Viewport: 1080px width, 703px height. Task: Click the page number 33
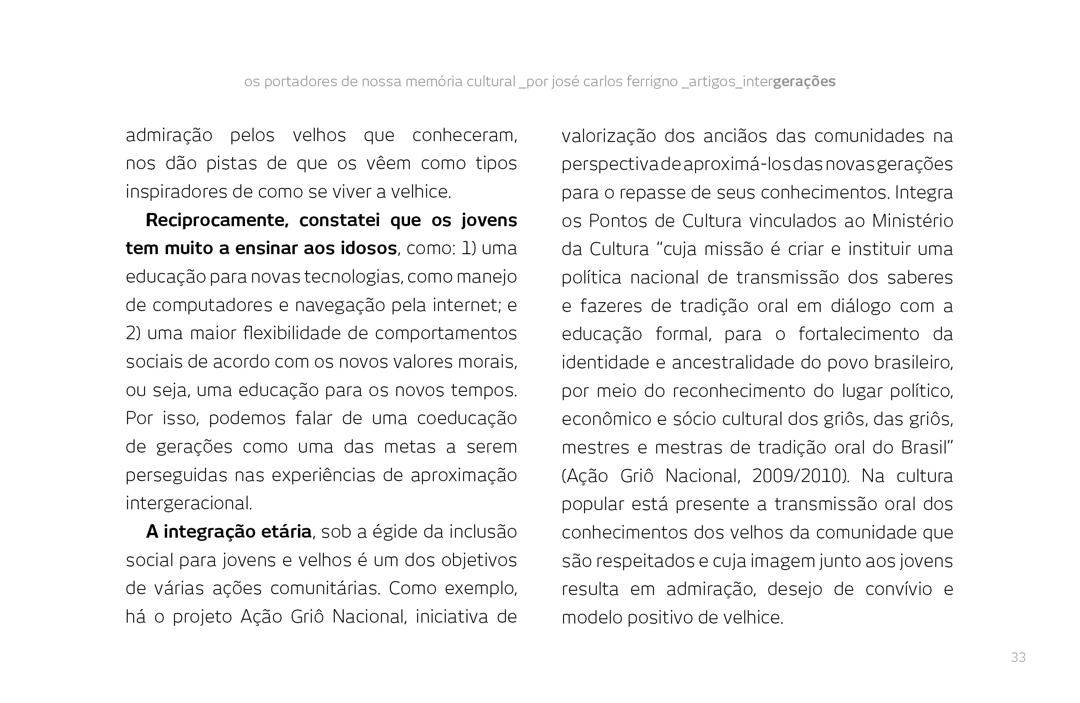(1018, 657)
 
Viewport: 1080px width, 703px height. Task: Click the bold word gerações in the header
(804, 82)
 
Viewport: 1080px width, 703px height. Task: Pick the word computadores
(214, 305)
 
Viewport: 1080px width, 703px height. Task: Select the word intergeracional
(189, 503)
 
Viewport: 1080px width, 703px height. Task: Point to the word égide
(393, 532)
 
